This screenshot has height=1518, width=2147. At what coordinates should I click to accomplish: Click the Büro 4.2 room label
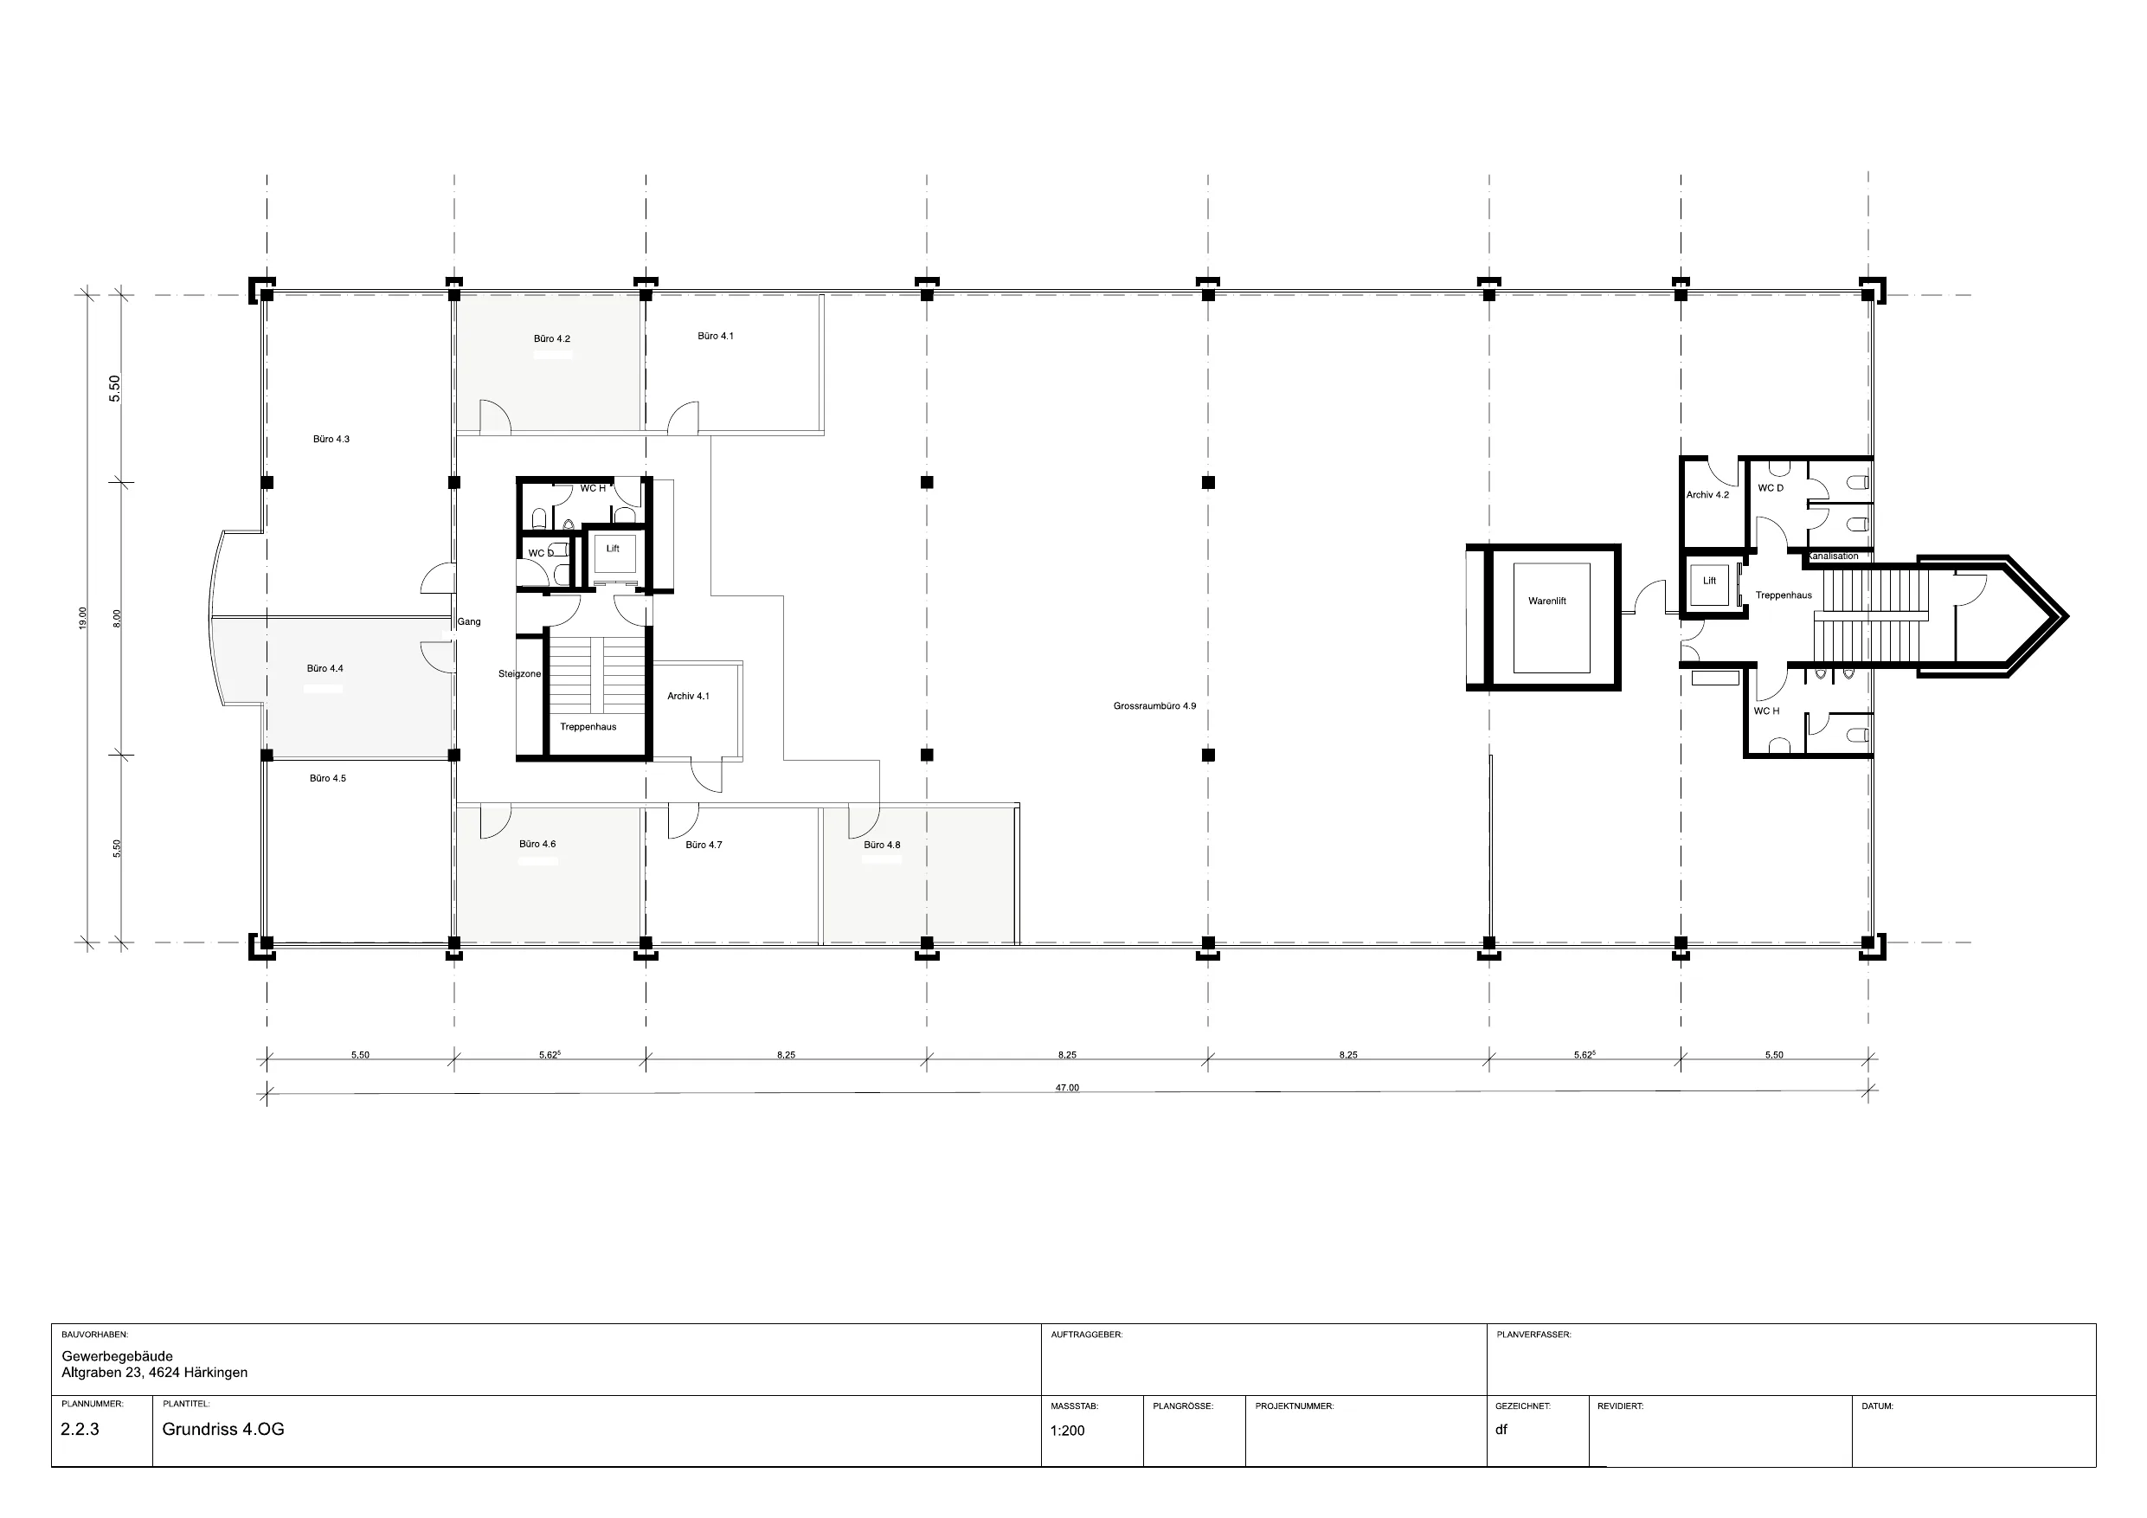tap(552, 338)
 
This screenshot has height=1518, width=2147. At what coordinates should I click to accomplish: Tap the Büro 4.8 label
tap(882, 845)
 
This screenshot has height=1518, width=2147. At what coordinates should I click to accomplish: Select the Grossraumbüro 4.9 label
tap(1154, 706)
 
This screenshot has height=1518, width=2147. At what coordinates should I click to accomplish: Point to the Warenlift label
tap(1546, 601)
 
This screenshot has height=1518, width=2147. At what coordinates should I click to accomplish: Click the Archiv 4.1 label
tap(688, 696)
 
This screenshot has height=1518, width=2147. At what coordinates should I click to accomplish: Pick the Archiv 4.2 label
tap(1707, 495)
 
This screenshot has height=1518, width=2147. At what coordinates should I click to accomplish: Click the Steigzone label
tap(520, 673)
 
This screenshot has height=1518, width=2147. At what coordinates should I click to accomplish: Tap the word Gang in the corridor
tap(468, 621)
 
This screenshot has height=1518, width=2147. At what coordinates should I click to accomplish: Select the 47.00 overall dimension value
tap(1067, 1088)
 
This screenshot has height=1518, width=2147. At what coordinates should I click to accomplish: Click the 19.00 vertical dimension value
tap(83, 618)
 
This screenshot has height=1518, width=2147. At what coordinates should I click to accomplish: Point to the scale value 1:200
tap(1067, 1430)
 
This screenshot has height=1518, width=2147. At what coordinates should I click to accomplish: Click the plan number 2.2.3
tap(80, 1429)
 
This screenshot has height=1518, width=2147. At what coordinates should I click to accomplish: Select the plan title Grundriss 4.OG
tap(222, 1429)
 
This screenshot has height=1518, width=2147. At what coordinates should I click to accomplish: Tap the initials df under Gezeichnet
tap(1501, 1429)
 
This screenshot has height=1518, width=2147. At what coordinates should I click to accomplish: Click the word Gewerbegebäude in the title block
tap(117, 1356)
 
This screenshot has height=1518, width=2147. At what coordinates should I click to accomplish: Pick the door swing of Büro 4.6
tap(495, 821)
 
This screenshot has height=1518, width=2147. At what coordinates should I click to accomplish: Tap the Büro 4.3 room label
tap(331, 439)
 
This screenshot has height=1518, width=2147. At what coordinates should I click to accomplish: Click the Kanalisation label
tap(1833, 556)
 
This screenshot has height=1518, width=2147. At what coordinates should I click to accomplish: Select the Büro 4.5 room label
tap(327, 778)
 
